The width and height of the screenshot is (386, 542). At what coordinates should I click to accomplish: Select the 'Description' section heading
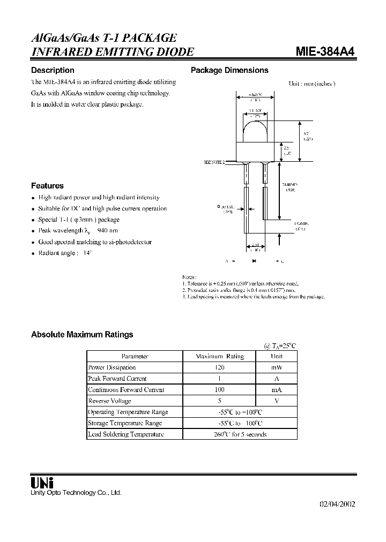tap(53, 70)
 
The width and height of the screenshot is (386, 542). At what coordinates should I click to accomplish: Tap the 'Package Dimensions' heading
tap(229, 70)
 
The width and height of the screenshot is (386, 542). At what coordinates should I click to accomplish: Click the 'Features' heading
tap(47, 186)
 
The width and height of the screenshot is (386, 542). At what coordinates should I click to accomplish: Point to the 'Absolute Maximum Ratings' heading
tap(82, 335)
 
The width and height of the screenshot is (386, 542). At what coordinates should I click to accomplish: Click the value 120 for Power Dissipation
tap(219, 367)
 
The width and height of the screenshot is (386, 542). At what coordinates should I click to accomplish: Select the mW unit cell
tap(277, 367)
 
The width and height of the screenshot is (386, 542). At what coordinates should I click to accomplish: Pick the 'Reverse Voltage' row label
tap(109, 401)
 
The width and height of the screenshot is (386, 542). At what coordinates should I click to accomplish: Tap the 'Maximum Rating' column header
tap(219, 356)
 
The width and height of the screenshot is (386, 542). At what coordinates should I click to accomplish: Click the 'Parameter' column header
tap(135, 356)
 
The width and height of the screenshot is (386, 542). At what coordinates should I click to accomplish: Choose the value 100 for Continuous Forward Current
tap(219, 390)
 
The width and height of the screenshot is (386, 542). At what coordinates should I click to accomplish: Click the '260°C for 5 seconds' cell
tap(240, 434)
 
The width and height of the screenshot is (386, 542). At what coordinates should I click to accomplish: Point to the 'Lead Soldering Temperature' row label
tap(125, 434)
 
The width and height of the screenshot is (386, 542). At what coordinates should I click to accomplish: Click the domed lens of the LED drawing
tap(256, 131)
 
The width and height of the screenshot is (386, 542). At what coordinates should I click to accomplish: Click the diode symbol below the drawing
tap(254, 261)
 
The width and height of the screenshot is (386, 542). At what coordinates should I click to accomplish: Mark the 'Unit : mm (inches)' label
tap(311, 84)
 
